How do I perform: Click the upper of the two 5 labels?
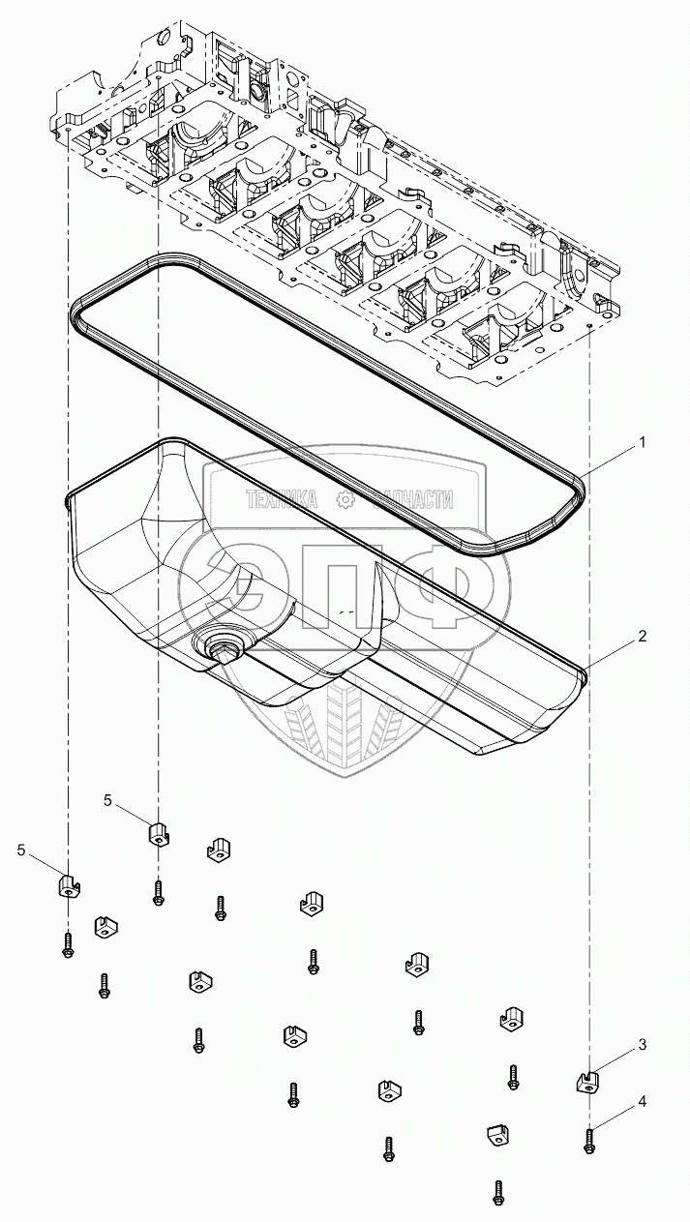click(108, 800)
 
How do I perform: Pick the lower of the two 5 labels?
click(21, 849)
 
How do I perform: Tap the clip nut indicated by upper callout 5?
click(159, 832)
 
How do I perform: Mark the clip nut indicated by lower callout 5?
click(66, 885)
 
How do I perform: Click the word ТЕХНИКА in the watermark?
click(283, 499)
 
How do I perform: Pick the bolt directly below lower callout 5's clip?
click(67, 944)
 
